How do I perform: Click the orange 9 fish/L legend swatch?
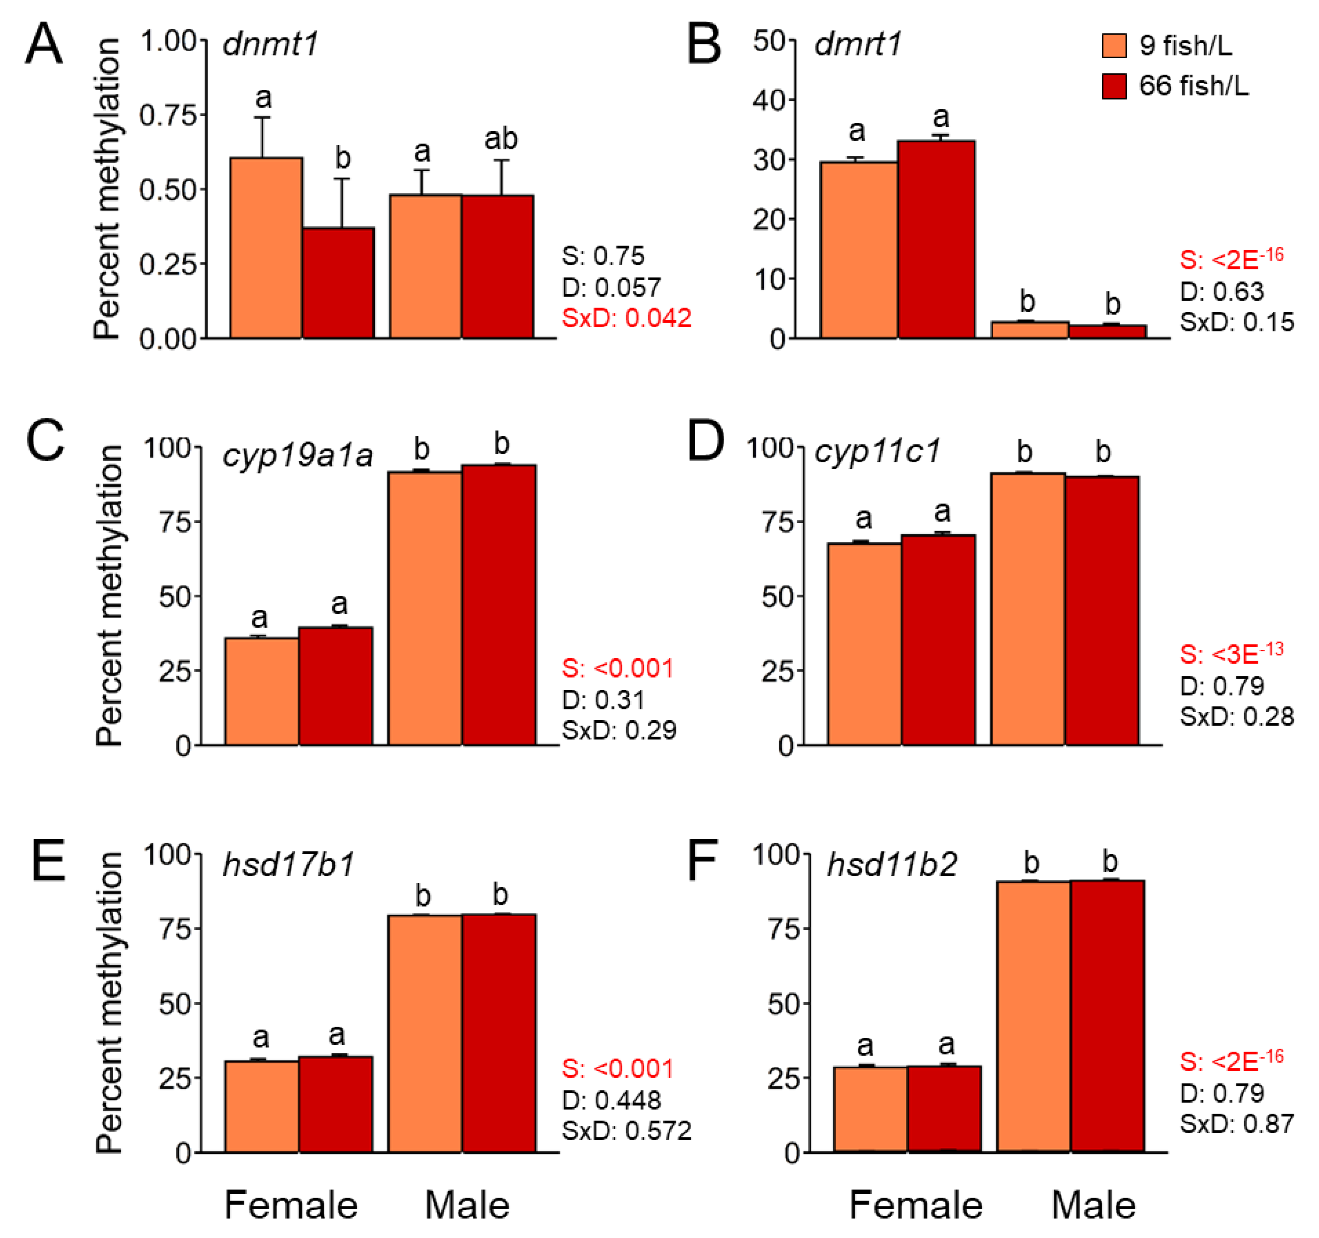1114,46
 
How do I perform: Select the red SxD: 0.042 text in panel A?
626,318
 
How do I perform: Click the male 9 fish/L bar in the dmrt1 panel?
1030,330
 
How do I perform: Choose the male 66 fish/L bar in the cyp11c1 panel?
1102,611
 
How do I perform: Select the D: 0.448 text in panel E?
611,1101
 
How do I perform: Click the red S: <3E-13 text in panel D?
1231,654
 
